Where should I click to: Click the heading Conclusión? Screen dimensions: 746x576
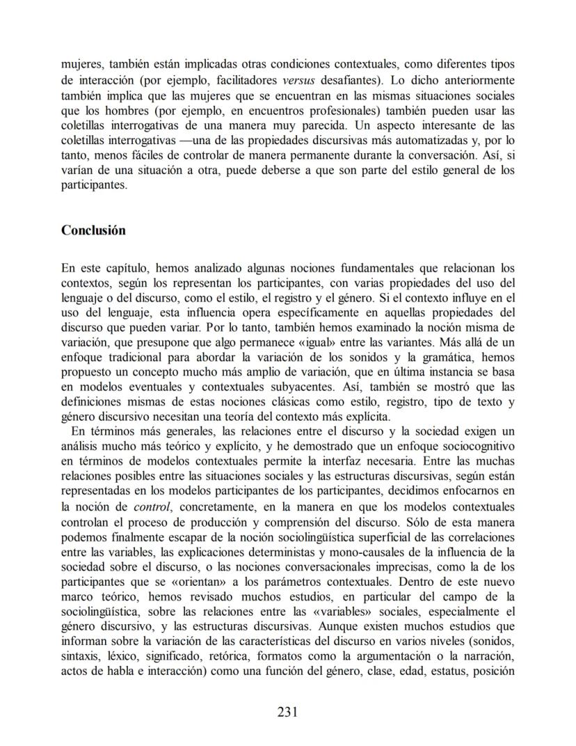tap(93, 231)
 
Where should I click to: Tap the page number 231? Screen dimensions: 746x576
tap(287, 711)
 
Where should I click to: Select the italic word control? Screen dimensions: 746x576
tap(152, 506)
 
